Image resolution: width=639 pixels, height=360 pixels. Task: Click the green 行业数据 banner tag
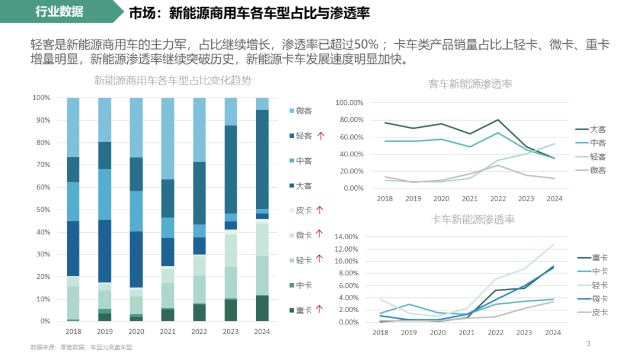pyautogui.click(x=59, y=11)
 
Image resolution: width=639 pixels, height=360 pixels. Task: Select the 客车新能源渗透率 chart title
pyautogui.click(x=470, y=84)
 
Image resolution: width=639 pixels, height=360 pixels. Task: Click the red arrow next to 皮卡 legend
pyautogui.click(x=320, y=210)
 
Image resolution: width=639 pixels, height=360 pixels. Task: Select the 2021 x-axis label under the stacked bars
pyautogui.click(x=168, y=332)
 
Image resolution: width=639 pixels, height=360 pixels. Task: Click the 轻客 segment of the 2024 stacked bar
pyautogui.click(x=262, y=160)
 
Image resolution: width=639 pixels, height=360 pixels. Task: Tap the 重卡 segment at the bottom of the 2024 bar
pyautogui.click(x=262, y=308)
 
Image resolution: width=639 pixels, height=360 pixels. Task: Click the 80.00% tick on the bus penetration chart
pyautogui.click(x=348, y=120)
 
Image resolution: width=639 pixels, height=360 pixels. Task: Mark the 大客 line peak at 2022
pyautogui.click(x=498, y=120)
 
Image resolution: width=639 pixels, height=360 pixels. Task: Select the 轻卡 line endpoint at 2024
pyautogui.click(x=554, y=245)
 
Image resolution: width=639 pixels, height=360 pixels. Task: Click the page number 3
pyautogui.click(x=588, y=344)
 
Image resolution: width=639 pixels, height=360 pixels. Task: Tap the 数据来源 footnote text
pyautogui.click(x=82, y=348)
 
